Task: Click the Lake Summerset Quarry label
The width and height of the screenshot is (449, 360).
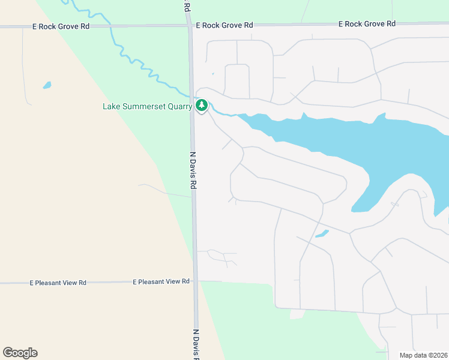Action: click(x=147, y=107)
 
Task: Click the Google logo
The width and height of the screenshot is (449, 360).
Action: click(x=20, y=353)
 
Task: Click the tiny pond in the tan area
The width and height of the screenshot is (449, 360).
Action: click(x=47, y=85)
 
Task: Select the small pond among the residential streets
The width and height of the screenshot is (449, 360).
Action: click(x=322, y=233)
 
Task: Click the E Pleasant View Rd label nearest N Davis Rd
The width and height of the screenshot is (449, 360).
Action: click(x=161, y=281)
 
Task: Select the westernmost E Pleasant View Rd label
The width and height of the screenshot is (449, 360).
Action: click(x=58, y=282)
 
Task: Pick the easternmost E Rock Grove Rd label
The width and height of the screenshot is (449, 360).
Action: click(x=367, y=24)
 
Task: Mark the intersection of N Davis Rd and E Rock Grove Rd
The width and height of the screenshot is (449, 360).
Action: click(x=189, y=26)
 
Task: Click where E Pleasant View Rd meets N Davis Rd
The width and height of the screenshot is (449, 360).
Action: click(x=195, y=281)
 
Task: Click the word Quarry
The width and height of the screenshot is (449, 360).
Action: click(x=179, y=107)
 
